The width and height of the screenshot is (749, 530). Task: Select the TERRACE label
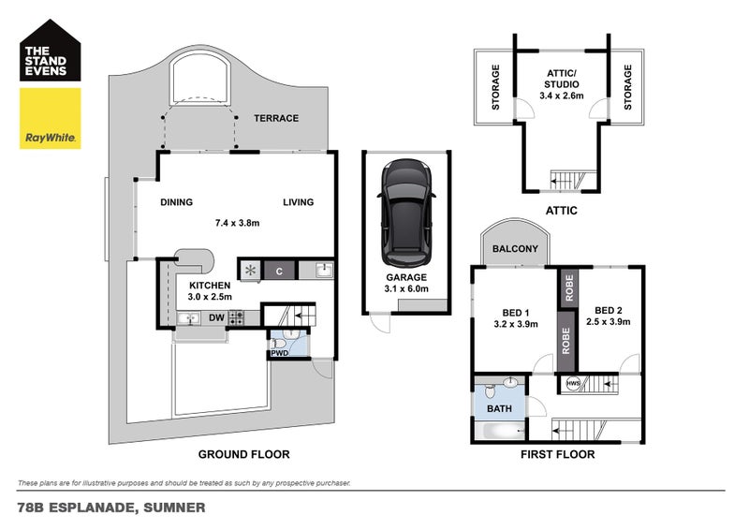coord(276,118)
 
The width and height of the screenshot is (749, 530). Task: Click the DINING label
coord(176,202)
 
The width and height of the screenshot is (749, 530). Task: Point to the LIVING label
coord(299,202)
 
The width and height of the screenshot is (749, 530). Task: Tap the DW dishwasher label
coord(216,318)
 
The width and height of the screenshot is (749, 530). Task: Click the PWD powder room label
coord(279,354)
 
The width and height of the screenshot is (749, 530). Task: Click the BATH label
coord(500,408)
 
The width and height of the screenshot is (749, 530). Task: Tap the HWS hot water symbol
coord(572,383)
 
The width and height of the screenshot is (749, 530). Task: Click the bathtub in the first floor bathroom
coord(501,432)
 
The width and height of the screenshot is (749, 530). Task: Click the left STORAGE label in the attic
coord(495,86)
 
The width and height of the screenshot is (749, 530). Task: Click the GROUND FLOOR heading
coord(243,454)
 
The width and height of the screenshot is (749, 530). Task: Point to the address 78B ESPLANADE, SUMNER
coord(111,508)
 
